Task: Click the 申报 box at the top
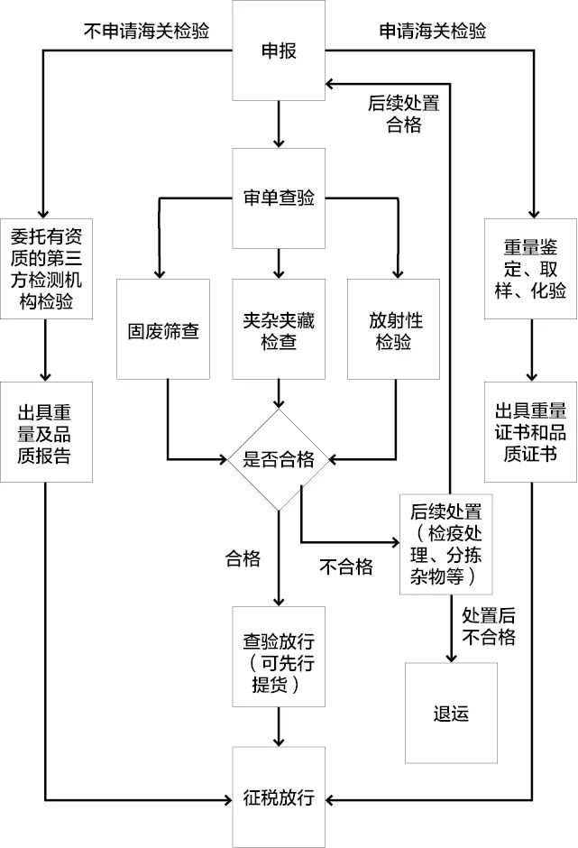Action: click(x=279, y=51)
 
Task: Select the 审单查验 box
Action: click(x=279, y=198)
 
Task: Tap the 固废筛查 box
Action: click(x=162, y=330)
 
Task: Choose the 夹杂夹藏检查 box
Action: click(x=279, y=330)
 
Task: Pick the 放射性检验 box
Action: click(x=394, y=330)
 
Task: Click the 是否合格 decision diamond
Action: click(x=279, y=459)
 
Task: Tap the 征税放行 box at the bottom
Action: click(x=279, y=797)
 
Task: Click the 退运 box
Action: click(x=451, y=713)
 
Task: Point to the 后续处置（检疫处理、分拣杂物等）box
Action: click(x=447, y=543)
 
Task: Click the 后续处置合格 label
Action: click(x=403, y=114)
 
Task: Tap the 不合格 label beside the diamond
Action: click(x=346, y=567)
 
